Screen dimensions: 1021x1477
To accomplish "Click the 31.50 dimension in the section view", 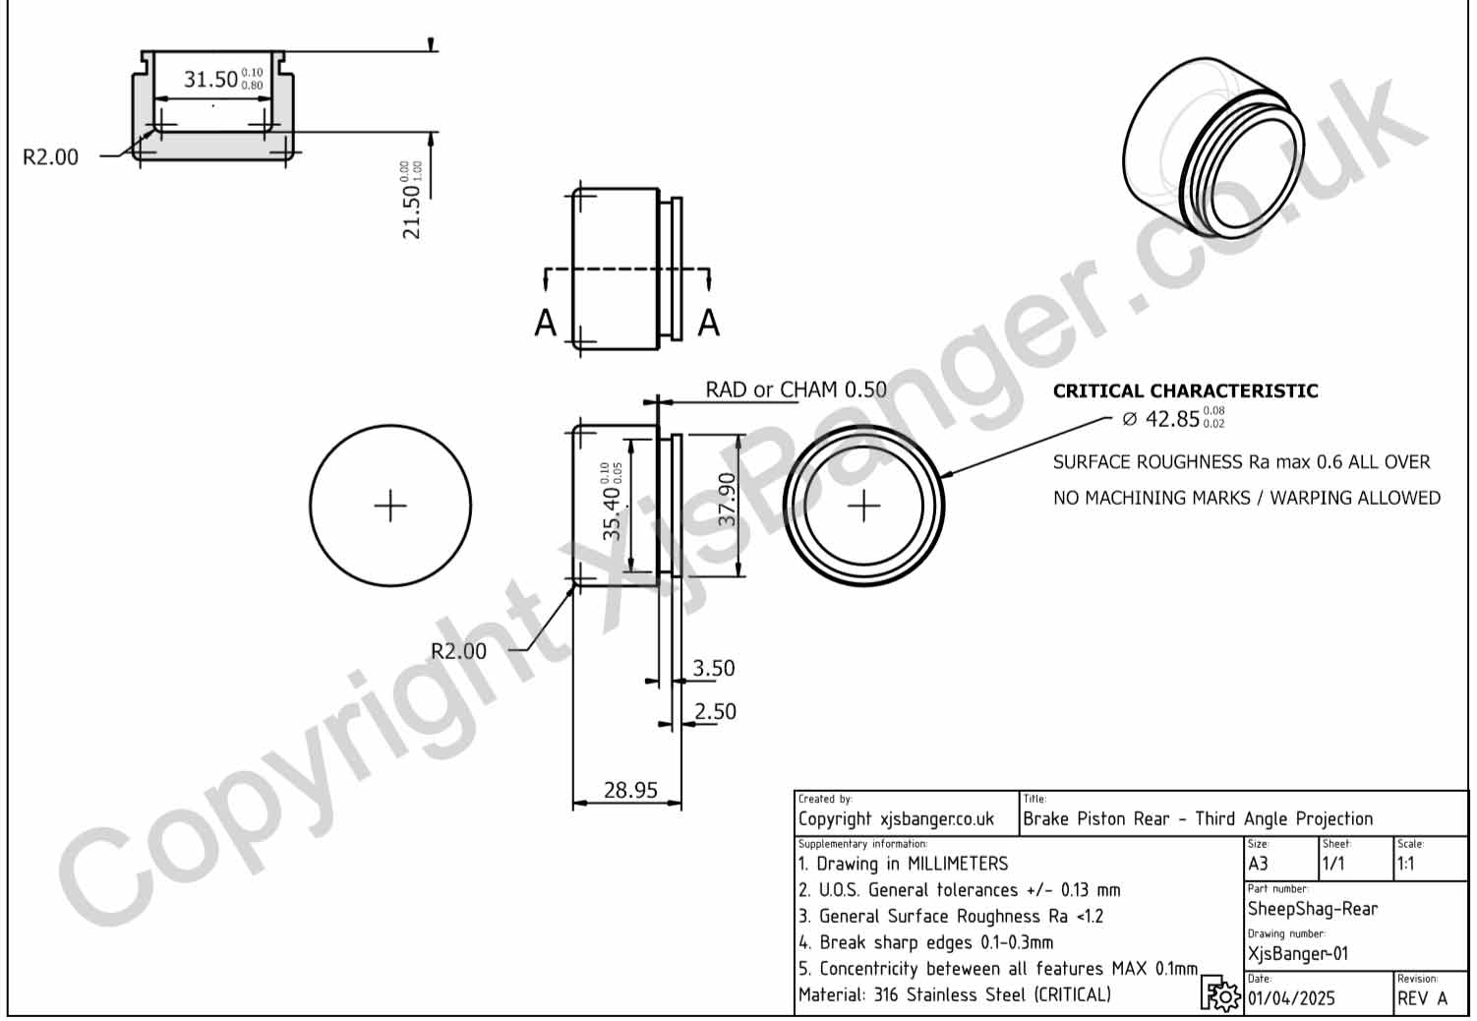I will [x=211, y=79].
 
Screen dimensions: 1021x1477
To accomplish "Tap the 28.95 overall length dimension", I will [x=630, y=790].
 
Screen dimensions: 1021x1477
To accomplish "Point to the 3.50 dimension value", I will [x=713, y=669].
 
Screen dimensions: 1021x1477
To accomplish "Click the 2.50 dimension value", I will [x=715, y=712].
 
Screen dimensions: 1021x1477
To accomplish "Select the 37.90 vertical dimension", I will [x=727, y=500].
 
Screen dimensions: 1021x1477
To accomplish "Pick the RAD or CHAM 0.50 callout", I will [x=796, y=390].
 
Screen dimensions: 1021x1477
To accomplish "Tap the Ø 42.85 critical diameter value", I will [x=1172, y=419].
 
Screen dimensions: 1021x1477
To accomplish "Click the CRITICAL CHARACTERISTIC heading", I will [x=1185, y=390].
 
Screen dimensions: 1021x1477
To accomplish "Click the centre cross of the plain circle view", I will [x=390, y=506].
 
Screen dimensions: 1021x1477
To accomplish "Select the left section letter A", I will [x=545, y=323].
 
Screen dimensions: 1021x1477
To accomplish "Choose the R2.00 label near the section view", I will [x=50, y=157].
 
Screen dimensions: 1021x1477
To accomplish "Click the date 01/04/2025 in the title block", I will [x=1291, y=998].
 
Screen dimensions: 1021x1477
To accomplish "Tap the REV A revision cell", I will [x=1422, y=998].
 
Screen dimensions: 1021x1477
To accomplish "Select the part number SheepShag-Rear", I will [x=1312, y=909].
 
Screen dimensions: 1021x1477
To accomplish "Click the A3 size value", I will [x=1258, y=864].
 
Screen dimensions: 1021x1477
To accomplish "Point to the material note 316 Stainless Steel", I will [x=954, y=994].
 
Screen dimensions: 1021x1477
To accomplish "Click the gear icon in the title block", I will [x=1220, y=994].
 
